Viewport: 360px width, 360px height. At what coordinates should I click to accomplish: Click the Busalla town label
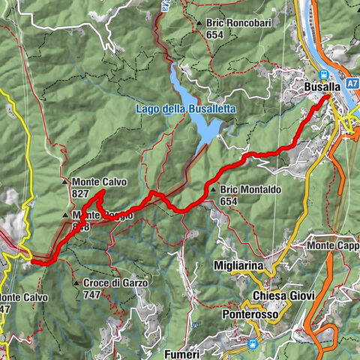[323, 87]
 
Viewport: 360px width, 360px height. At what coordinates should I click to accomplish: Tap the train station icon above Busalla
[324, 74]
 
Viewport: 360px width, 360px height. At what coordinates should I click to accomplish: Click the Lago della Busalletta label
[186, 109]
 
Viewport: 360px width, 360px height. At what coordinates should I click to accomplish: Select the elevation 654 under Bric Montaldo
[229, 201]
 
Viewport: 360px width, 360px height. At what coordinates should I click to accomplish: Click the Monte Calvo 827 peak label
[100, 181]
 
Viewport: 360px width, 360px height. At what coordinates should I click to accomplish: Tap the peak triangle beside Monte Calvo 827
[67, 181]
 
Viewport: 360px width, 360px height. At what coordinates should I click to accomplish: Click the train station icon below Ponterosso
[253, 344]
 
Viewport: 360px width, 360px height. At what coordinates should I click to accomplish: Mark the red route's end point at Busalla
[328, 97]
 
